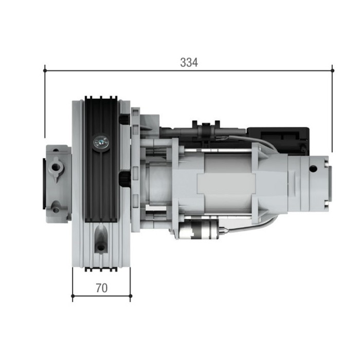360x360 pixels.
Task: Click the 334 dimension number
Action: coord(189,63)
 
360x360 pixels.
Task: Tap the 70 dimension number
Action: coord(102,289)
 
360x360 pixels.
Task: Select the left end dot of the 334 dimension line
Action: coord(45,69)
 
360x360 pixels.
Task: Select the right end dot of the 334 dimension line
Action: coord(332,69)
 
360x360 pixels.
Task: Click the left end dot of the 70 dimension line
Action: coord(73,296)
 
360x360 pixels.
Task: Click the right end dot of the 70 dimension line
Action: coord(131,296)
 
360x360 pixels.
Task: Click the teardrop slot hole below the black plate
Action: coord(101,242)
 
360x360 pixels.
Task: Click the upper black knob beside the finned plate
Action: coord(123,119)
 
